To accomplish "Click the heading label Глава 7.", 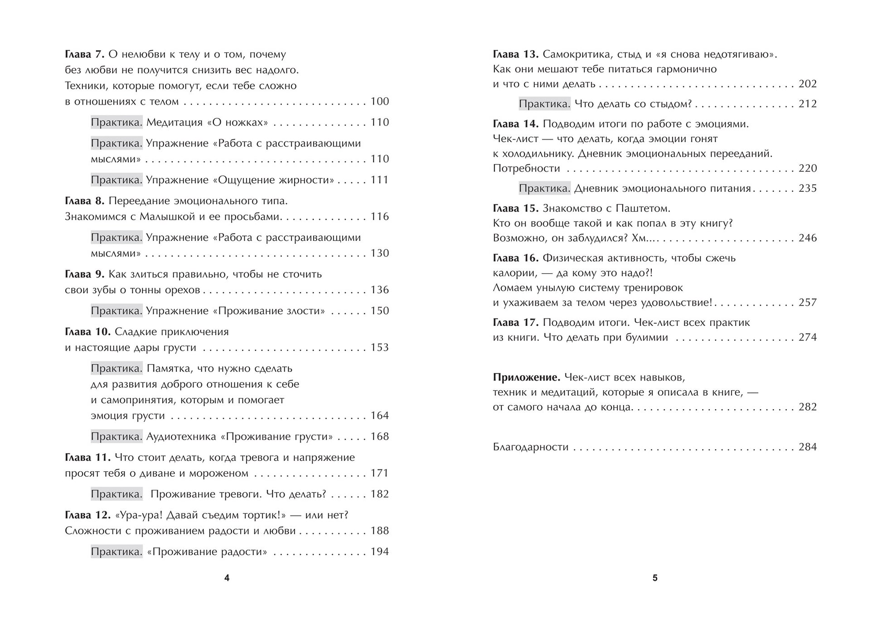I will pos(85,54).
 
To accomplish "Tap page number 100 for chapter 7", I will pos(380,101).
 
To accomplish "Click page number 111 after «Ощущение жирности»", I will pos(380,180).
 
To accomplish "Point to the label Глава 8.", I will pos(85,201).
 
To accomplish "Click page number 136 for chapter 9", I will pos(380,290).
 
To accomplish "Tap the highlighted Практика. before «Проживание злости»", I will pos(116,311).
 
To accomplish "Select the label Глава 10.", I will pos(88,332).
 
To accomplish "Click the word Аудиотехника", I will pos(181,437).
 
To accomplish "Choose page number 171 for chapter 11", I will pos(380,474).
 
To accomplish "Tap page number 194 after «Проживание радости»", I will pos(380,552).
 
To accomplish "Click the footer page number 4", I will pos(227,578).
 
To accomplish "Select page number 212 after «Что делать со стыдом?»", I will pos(808,104).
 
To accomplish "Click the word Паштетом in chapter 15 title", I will pos(644,208).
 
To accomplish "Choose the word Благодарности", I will pos(530,447).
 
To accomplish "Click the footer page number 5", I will pos(655,578).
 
